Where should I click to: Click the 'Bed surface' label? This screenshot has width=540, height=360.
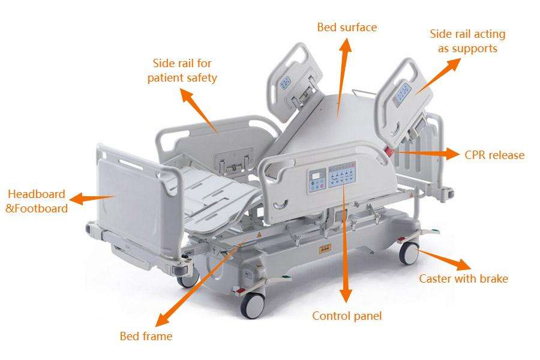pos(347,28)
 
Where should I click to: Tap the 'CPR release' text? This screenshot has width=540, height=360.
pos(494,155)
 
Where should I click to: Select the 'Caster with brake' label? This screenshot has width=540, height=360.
pos(463,278)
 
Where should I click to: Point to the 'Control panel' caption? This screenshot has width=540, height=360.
pos(346,316)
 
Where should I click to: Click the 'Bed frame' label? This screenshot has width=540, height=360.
pos(146,336)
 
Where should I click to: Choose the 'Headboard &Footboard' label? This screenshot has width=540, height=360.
pos(36,202)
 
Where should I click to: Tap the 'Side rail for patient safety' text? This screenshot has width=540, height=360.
pos(182,70)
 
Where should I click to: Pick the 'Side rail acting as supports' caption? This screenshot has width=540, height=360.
pos(467,41)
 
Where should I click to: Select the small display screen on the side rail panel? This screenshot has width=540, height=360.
pos(316,177)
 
